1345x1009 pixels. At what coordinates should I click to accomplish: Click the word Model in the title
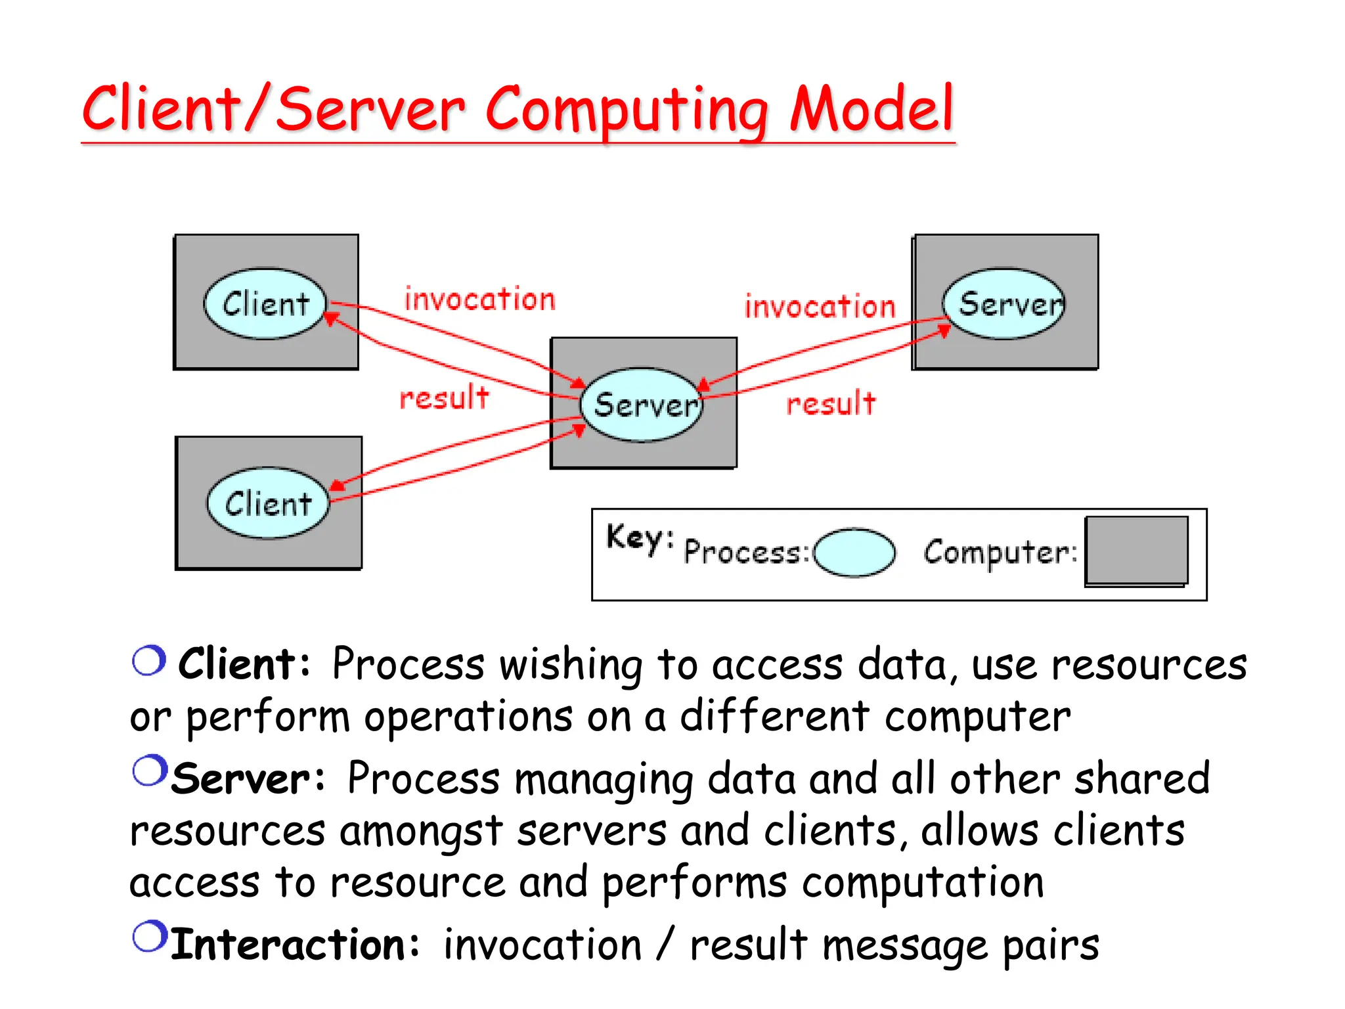[x=871, y=108]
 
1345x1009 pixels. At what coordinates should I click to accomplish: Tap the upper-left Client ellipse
[x=265, y=303]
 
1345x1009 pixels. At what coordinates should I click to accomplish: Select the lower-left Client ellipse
[x=268, y=503]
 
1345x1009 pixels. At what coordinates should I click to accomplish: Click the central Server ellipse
[x=642, y=405]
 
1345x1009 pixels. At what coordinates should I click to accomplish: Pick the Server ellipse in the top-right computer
[x=1003, y=303]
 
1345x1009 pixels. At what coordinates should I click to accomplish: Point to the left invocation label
[x=480, y=300]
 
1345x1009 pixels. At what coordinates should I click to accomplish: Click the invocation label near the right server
[x=820, y=307]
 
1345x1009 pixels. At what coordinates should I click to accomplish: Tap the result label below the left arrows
[x=445, y=398]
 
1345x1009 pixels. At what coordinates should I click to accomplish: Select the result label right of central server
[x=831, y=403]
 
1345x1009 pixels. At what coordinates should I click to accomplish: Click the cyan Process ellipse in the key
[x=854, y=552]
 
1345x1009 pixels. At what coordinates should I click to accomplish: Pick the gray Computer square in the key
[x=1136, y=550]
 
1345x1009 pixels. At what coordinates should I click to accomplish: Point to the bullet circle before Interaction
[x=150, y=937]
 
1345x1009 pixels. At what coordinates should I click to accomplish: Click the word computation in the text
[x=922, y=882]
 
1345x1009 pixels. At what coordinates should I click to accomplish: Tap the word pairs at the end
[x=1050, y=946]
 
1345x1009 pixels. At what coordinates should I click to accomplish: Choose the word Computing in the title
[x=627, y=110]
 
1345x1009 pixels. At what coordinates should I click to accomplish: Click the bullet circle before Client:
[x=149, y=660]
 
